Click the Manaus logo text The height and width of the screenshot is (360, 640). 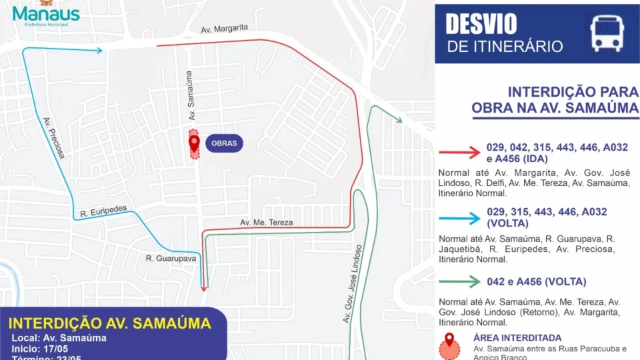[46, 13]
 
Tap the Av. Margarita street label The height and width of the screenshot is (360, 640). [225, 29]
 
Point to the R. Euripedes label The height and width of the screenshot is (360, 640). [103, 211]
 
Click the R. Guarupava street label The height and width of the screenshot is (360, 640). [171, 258]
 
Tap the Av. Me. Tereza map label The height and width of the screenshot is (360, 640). [267, 222]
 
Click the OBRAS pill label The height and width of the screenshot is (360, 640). [224, 143]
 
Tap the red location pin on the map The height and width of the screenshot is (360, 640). [194, 143]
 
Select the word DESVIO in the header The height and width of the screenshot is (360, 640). [481, 24]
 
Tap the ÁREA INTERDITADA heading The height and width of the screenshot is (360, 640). [517, 338]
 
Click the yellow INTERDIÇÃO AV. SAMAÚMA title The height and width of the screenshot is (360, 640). [109, 323]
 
